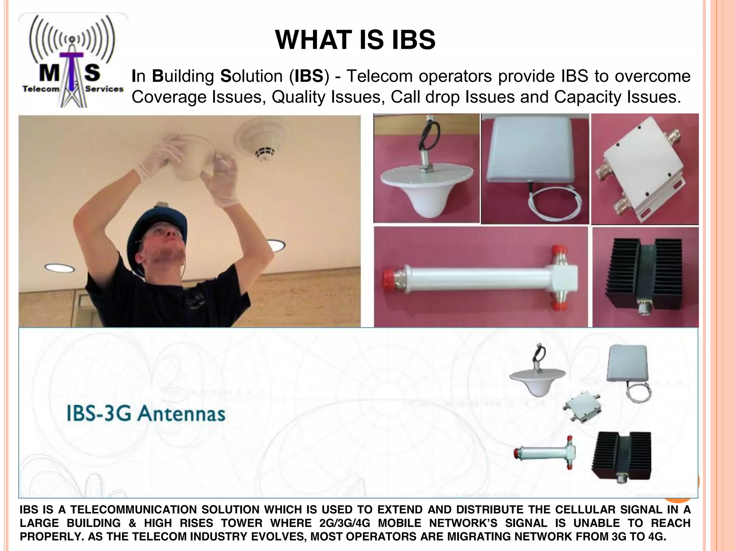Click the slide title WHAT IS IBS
pos(355,39)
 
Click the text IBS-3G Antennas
pos(146,413)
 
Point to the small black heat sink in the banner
pos(621,456)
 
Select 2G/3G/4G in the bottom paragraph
pos(344,523)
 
